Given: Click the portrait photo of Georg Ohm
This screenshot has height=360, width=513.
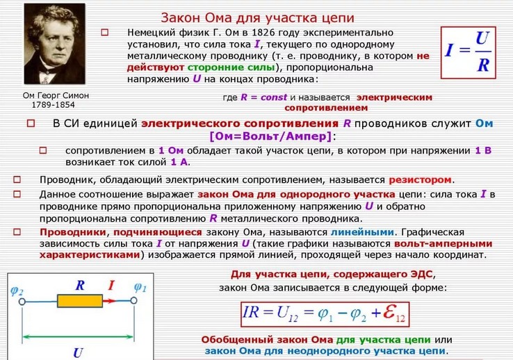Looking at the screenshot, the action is pyautogui.click(x=55, y=44).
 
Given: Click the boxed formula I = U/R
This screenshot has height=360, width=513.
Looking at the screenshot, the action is pyautogui.click(x=469, y=52).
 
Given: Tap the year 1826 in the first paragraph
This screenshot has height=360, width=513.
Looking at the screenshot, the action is pyautogui.click(x=263, y=33).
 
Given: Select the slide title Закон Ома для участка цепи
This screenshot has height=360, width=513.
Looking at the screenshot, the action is pyautogui.click(x=257, y=17).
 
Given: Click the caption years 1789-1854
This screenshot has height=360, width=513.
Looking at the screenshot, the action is pyautogui.click(x=54, y=105).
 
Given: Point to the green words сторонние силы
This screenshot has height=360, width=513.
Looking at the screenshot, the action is pyautogui.click(x=231, y=67).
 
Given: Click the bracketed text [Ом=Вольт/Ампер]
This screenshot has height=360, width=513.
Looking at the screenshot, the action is pyautogui.click(x=270, y=136).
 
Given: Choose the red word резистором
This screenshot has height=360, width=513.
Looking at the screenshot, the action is pyautogui.click(x=420, y=180).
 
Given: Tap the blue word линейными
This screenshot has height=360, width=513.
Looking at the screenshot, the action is pyautogui.click(x=362, y=232).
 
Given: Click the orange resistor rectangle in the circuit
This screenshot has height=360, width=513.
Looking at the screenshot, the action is pyautogui.click(x=80, y=301).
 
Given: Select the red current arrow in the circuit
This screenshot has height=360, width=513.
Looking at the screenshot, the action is pyautogui.click(x=110, y=301).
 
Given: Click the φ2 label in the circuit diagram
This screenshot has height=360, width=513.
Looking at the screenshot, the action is pyautogui.click(x=17, y=291).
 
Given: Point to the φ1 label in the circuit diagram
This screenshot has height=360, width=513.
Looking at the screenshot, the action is pyautogui.click(x=140, y=288).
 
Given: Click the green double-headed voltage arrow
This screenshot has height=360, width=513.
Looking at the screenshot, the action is pyautogui.click(x=78, y=336).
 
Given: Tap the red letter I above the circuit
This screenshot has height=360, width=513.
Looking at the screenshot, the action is pyautogui.click(x=111, y=286).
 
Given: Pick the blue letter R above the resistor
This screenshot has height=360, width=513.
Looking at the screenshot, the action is pyautogui.click(x=80, y=286).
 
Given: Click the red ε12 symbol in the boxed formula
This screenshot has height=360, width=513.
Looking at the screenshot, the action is pyautogui.click(x=393, y=313).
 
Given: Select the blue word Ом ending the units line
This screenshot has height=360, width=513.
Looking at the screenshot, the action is pyautogui.click(x=484, y=124).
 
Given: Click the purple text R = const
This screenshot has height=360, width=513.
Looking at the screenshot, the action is pyautogui.click(x=263, y=97).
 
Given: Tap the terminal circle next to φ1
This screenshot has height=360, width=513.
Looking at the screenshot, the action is pyautogui.click(x=133, y=301).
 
